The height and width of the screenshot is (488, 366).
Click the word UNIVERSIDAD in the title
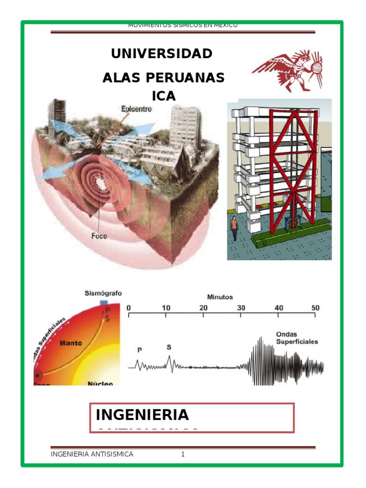click(x=162, y=54)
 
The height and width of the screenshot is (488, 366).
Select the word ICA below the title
click(x=163, y=96)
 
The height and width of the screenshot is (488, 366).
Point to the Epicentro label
click(x=137, y=109)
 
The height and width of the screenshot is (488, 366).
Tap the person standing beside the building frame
click(x=234, y=228)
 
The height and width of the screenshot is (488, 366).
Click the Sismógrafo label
click(x=103, y=293)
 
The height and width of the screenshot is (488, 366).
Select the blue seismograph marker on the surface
click(x=103, y=303)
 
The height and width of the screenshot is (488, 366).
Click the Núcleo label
click(x=100, y=383)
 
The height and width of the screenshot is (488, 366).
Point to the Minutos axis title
click(x=220, y=297)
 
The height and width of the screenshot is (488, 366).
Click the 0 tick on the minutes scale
click(x=128, y=308)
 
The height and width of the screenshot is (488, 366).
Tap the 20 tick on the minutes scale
click(x=203, y=308)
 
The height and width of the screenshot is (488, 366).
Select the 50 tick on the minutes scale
click(x=315, y=308)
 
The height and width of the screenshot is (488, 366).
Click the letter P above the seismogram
click(x=140, y=350)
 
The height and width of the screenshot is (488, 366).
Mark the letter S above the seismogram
click(x=169, y=347)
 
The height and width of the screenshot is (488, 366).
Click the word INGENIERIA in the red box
click(x=142, y=415)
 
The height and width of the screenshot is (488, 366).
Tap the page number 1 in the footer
click(x=183, y=454)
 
